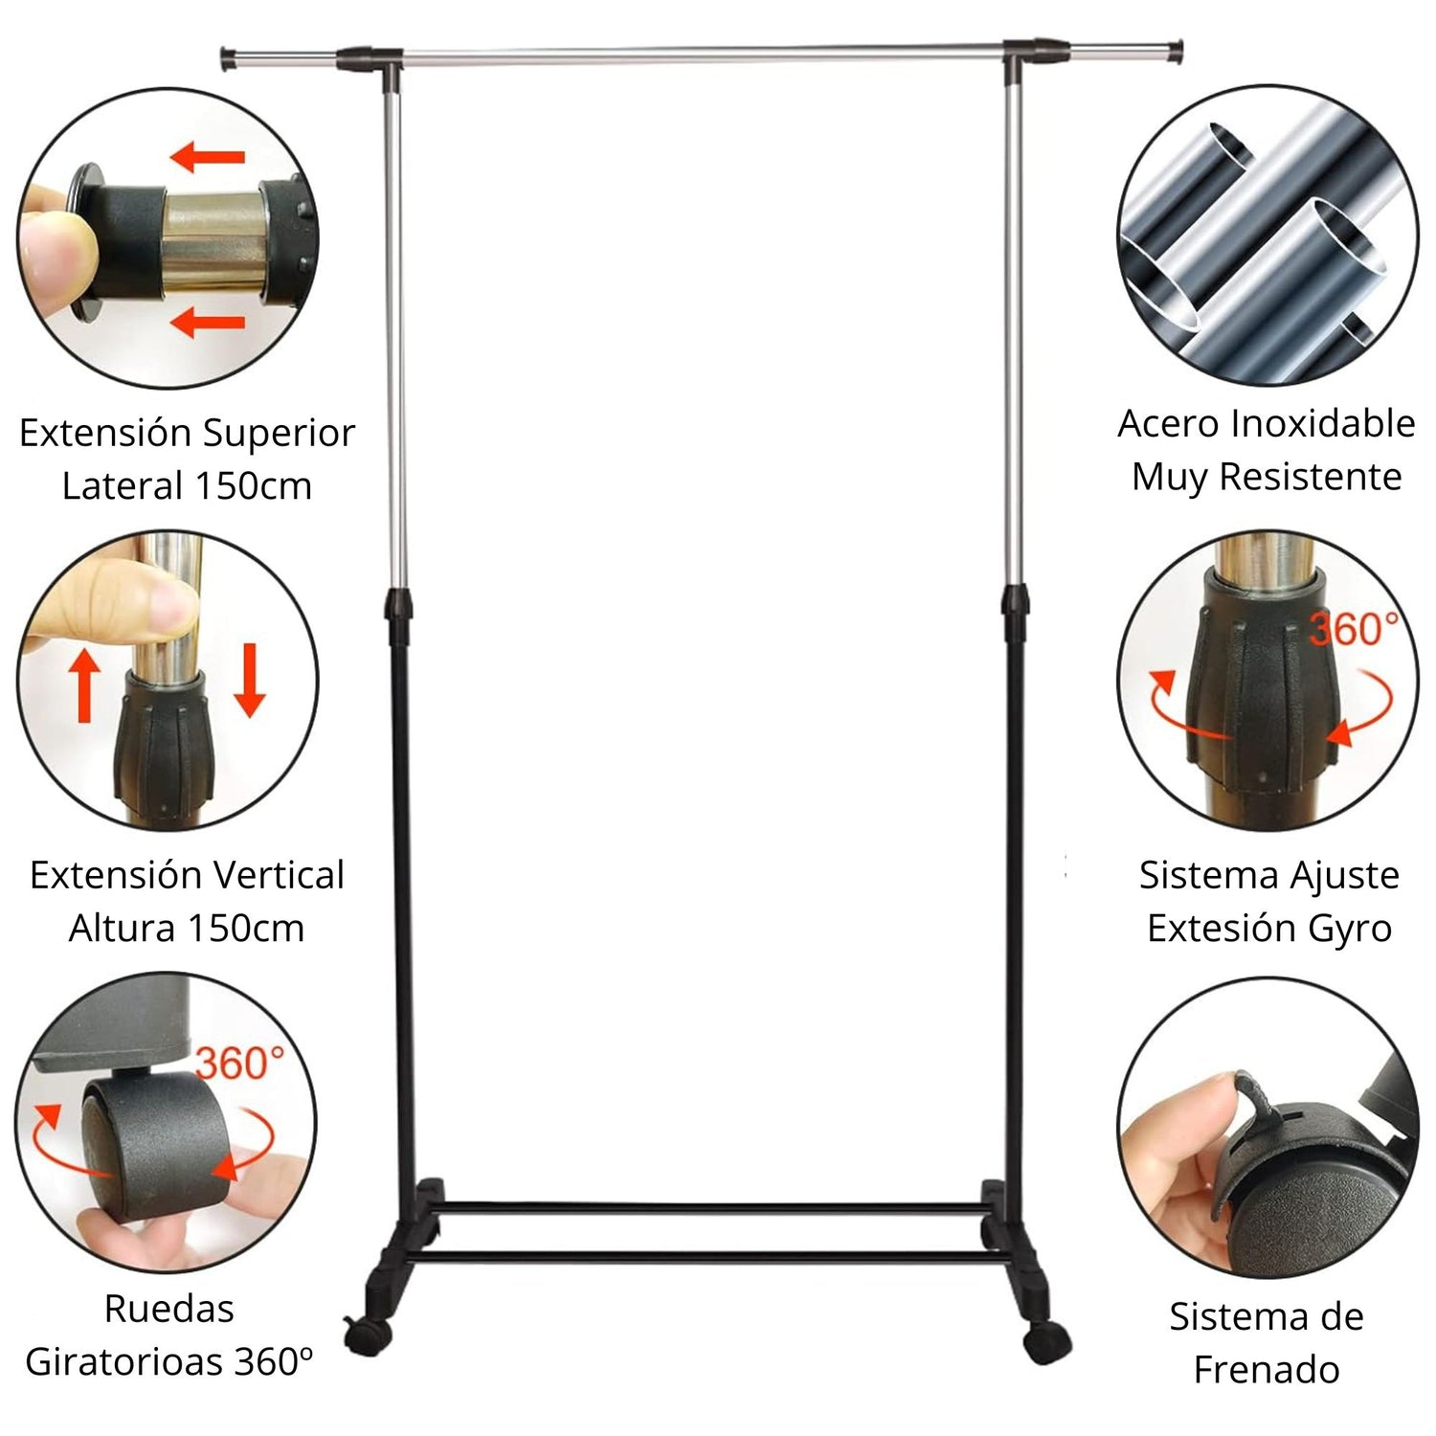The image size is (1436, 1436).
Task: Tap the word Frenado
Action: (1266, 1369)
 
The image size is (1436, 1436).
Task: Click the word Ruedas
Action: (168, 1308)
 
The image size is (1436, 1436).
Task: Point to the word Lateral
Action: (121, 485)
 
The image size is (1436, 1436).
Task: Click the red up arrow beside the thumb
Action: (85, 684)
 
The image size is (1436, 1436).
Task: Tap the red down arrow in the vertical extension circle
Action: (249, 680)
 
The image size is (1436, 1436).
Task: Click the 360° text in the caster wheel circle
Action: (240, 1063)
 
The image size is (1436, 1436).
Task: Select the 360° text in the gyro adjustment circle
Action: (1354, 629)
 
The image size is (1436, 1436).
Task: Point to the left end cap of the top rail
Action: (229, 57)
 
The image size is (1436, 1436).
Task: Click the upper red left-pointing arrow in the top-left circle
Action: (208, 155)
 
